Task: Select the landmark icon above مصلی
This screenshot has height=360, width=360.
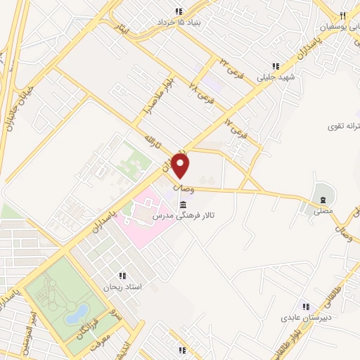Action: pyautogui.click(x=323, y=193)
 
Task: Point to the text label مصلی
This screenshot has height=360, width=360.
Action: pyautogui.click(x=323, y=209)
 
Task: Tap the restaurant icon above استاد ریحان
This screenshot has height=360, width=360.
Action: pyautogui.click(x=122, y=276)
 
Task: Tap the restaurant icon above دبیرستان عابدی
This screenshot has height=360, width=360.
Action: pyautogui.click(x=306, y=306)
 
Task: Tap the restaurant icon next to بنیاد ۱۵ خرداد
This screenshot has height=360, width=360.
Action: pyautogui.click(x=179, y=11)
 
